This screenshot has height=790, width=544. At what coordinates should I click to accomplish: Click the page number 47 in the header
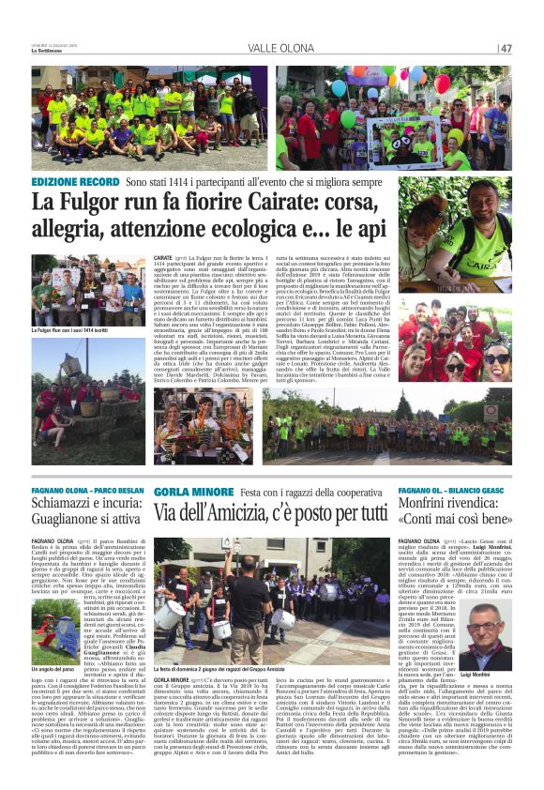506,48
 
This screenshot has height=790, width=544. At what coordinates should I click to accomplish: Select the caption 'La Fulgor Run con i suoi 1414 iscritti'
67,331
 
